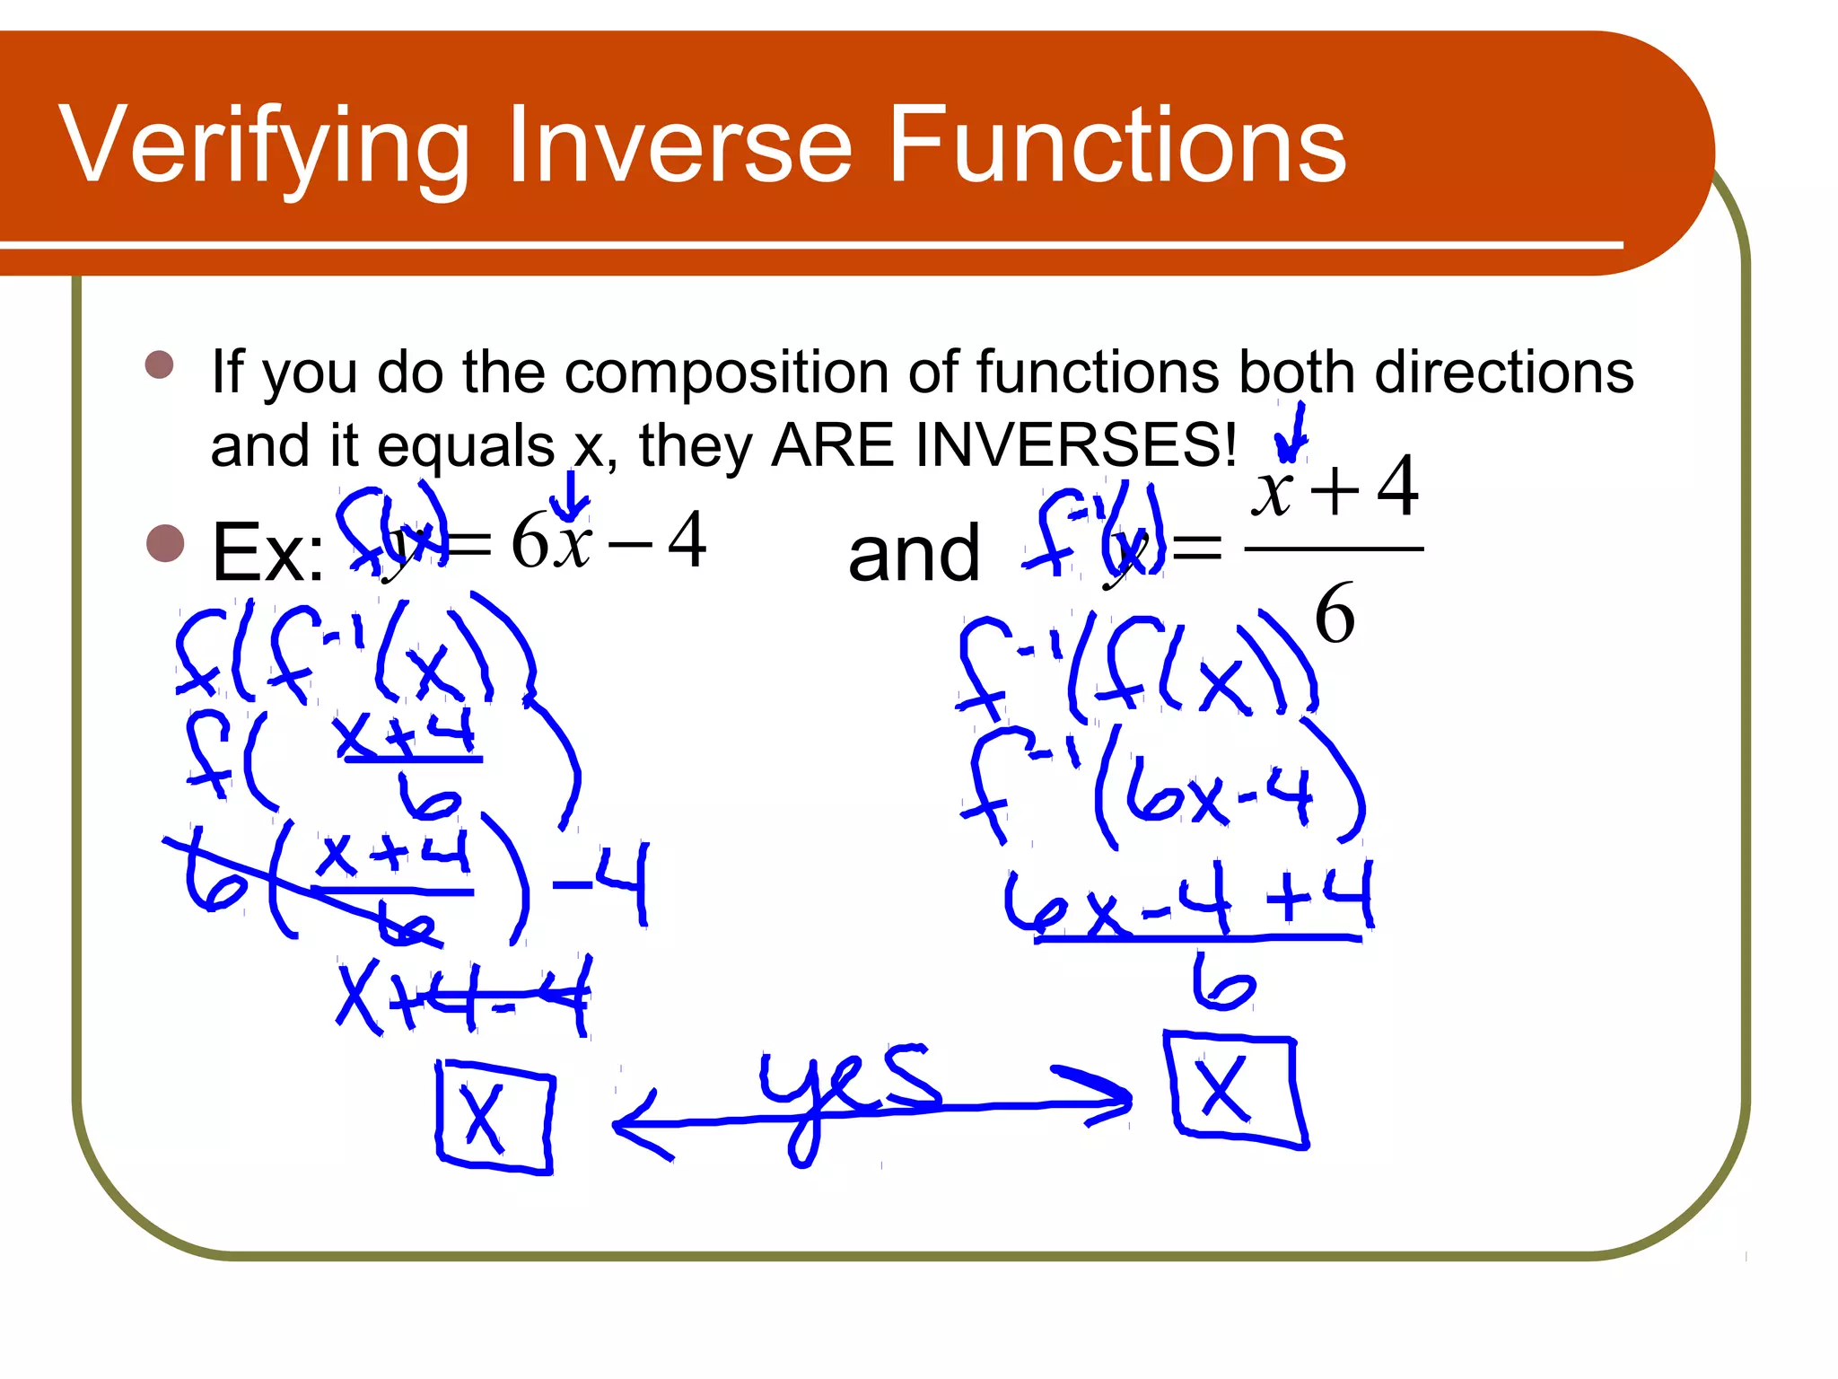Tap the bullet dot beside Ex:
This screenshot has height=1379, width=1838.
[x=165, y=543]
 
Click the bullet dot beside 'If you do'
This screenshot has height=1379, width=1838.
[x=159, y=365]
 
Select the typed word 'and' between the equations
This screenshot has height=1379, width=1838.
[x=914, y=555]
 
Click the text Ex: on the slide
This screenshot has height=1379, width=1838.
[x=267, y=553]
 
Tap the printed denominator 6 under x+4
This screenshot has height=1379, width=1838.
[x=1335, y=614]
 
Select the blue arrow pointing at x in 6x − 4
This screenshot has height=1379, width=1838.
[x=571, y=496]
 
